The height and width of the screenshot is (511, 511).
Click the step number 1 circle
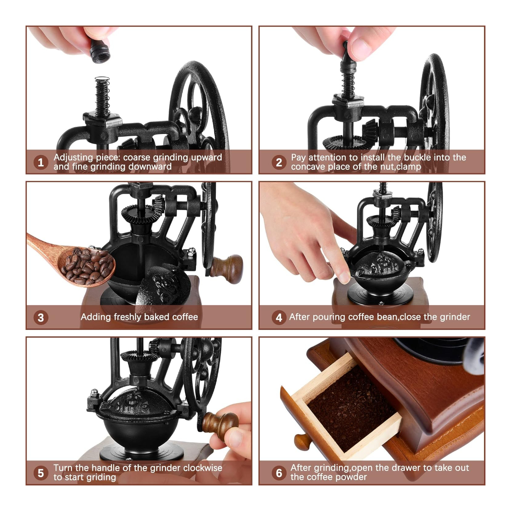pyautogui.click(x=41, y=162)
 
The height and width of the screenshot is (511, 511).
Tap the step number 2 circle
pyautogui.click(x=279, y=162)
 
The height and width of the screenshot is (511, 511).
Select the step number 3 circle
pyautogui.click(x=41, y=317)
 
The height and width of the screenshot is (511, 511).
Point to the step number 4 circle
pyautogui.click(x=279, y=317)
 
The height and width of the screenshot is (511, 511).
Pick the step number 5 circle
pyautogui.click(x=41, y=473)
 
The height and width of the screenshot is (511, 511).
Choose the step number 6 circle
pyautogui.click(x=279, y=473)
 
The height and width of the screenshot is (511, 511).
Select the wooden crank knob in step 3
pyautogui.click(x=227, y=269)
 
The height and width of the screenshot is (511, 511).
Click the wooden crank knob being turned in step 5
pyautogui.click(x=220, y=424)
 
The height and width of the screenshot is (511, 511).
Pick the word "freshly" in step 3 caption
pyautogui.click(x=128, y=317)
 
